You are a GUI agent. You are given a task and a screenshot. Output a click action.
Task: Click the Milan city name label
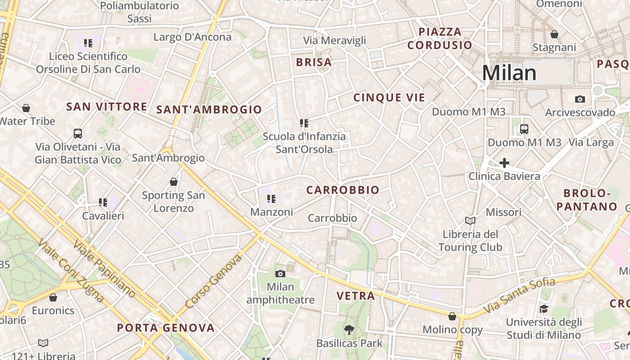point(509,73)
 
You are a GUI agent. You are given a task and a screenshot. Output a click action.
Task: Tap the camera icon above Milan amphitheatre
point(280,274)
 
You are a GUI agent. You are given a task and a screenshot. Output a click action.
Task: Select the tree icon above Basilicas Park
point(349,330)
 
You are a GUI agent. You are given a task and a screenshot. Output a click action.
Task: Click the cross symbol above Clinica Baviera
point(504,163)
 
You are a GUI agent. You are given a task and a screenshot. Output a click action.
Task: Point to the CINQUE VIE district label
point(389,98)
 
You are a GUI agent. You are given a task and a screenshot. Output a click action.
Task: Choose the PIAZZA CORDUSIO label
point(440,39)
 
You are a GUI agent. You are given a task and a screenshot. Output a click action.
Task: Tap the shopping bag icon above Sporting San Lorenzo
point(174,182)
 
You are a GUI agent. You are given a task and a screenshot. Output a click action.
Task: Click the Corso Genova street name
point(213,281)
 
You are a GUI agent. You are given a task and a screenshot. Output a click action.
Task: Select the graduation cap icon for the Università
point(544,309)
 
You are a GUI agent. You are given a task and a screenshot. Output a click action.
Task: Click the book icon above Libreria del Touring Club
point(470,220)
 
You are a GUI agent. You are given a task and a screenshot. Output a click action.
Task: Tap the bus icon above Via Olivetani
point(78,134)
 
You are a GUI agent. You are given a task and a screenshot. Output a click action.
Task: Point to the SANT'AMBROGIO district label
point(209,109)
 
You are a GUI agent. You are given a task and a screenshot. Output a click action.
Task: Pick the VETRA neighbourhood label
point(356,296)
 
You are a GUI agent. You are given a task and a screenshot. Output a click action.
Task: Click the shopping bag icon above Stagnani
point(554,34)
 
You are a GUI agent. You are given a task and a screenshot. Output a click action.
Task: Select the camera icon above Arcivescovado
point(580,99)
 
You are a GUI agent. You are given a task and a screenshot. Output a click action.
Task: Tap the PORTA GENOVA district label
point(166,328)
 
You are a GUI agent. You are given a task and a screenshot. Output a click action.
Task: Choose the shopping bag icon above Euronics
point(53,297)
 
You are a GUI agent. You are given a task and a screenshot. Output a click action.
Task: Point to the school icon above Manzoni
point(271,198)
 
